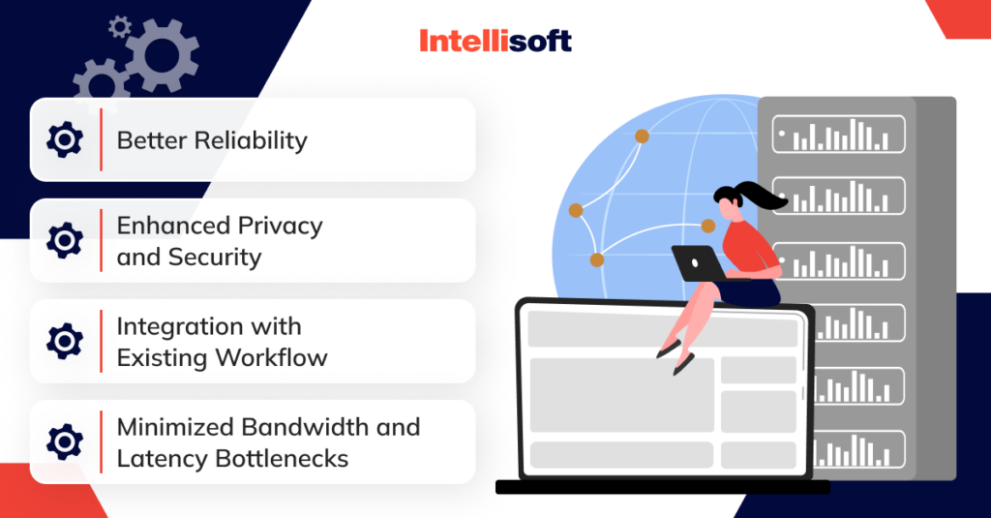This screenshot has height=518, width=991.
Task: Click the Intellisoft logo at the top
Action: click(495, 41)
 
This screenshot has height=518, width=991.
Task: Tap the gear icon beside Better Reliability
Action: click(65, 140)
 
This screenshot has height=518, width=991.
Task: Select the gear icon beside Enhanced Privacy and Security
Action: click(65, 241)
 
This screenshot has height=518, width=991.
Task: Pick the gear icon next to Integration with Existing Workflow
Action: click(65, 342)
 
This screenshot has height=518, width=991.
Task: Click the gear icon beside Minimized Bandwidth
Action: click(65, 442)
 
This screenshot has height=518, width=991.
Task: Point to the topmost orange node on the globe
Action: click(642, 137)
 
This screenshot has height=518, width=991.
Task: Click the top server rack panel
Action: click(838, 135)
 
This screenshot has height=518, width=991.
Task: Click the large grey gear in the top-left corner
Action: click(161, 54)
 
